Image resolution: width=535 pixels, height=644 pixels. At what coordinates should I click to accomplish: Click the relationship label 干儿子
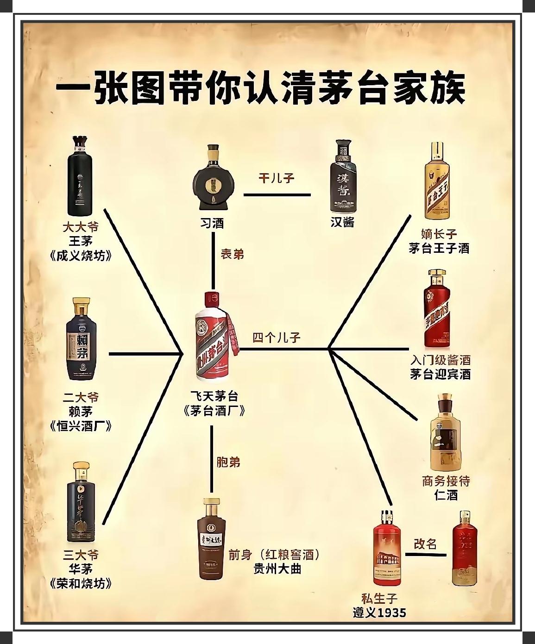(x=276, y=178)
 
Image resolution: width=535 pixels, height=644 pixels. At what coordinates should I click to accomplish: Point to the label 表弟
(x=232, y=254)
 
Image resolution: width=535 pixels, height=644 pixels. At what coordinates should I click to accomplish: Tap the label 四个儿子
(x=277, y=337)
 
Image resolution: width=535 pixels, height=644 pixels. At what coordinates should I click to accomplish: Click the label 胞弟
(x=228, y=462)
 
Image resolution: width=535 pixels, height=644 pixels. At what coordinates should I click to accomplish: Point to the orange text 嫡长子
(x=439, y=234)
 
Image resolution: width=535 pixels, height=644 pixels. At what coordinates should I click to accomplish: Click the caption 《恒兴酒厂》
(x=81, y=425)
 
